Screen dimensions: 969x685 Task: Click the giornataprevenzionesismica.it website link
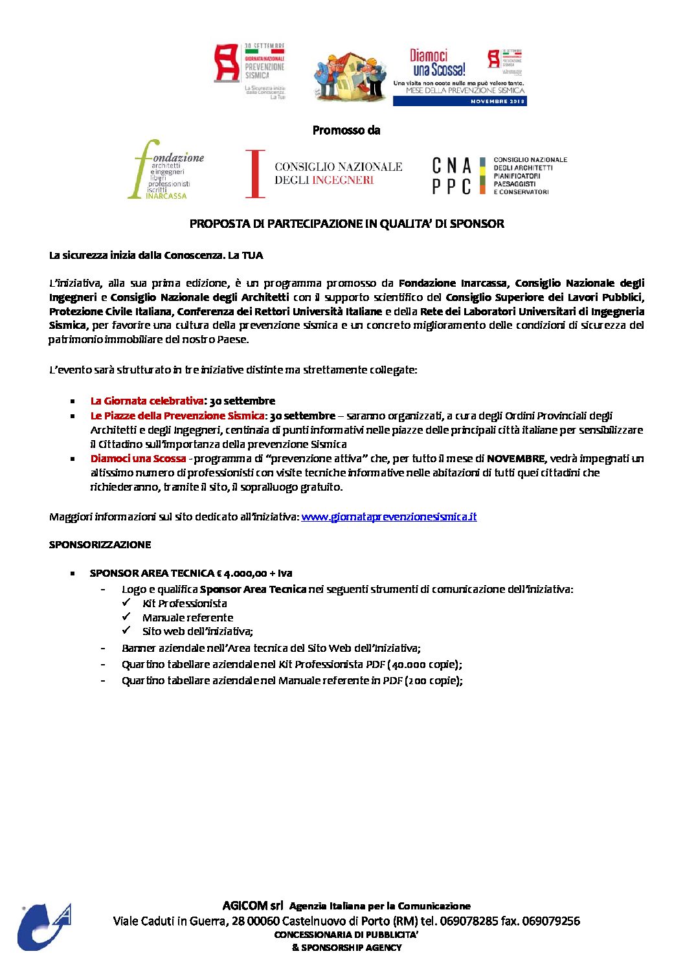click(x=389, y=517)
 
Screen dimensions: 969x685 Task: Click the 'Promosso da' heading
click(x=346, y=130)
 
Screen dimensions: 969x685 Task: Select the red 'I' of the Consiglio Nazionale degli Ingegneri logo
click(x=255, y=173)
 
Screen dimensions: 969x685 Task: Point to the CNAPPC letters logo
click(x=452, y=176)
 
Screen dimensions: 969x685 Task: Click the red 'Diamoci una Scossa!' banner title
click(x=438, y=63)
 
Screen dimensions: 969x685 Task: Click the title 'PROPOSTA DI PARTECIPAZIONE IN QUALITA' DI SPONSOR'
click(x=346, y=224)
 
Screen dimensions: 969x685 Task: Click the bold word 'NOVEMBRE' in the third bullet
click(x=516, y=459)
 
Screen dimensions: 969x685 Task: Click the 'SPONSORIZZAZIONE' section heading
click(x=100, y=545)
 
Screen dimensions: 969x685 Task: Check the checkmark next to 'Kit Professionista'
click(x=127, y=603)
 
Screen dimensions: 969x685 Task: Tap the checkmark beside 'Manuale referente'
click(x=127, y=617)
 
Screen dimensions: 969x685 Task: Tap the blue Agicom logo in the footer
click(x=43, y=927)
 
